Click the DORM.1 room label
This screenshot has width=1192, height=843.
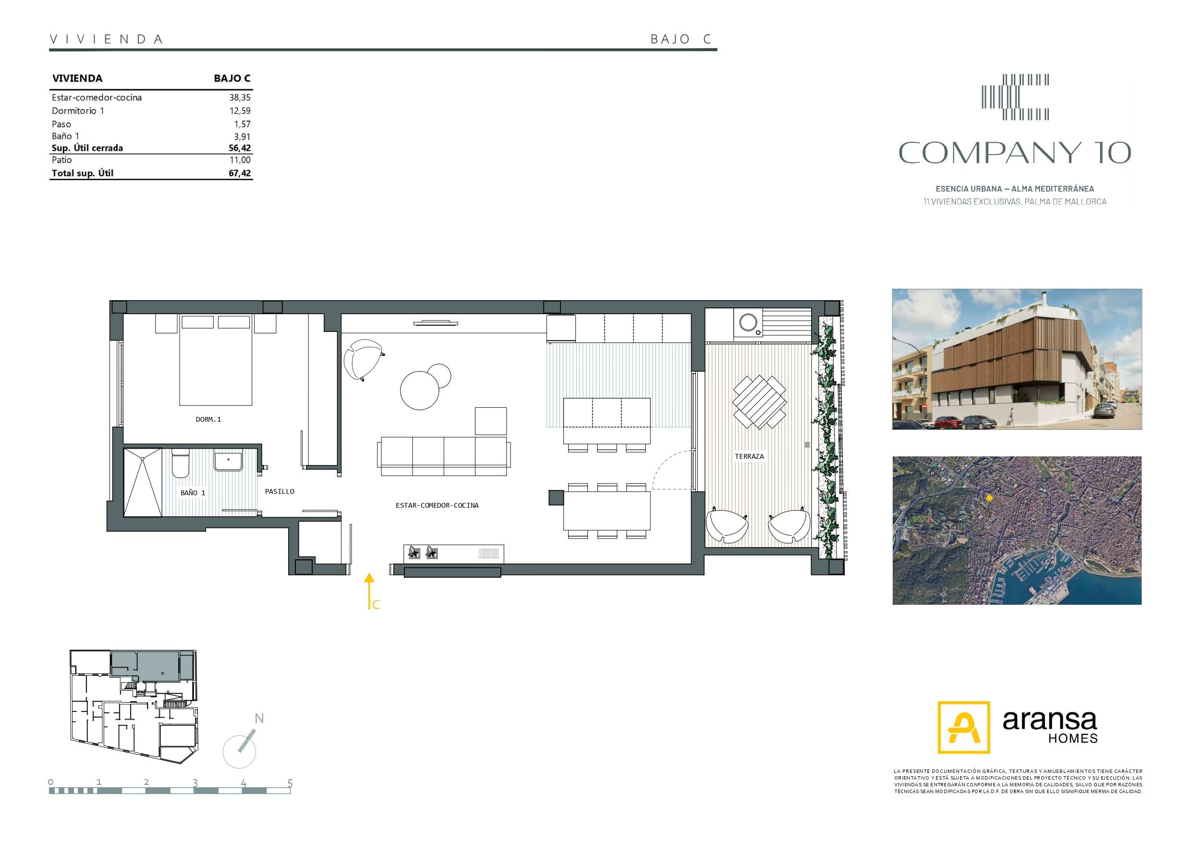coord(208,419)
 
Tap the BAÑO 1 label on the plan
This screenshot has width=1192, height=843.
coord(193,492)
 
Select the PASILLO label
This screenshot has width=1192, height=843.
coord(280,491)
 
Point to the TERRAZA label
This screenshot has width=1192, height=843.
coord(749,456)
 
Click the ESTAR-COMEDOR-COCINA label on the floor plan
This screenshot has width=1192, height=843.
coord(437,505)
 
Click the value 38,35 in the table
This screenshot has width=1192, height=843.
coord(240,98)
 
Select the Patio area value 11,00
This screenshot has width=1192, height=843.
coord(240,160)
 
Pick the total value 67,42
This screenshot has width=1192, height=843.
coord(240,173)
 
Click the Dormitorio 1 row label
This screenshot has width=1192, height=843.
coord(78,110)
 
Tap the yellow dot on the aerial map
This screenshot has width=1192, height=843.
coord(989,498)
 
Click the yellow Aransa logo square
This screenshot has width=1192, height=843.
coord(963,727)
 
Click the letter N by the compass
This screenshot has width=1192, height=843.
coord(259,718)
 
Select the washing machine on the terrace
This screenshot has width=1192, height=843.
coord(748,324)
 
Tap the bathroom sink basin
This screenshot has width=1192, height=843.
coord(229,461)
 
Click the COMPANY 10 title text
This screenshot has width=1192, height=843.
coord(1014,153)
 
